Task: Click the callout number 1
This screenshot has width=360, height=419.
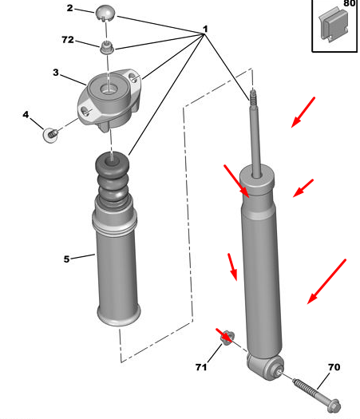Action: [205, 29]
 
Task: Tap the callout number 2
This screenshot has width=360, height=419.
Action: [69, 8]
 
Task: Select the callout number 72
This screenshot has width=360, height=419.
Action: [68, 40]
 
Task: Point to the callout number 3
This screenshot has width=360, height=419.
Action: [56, 73]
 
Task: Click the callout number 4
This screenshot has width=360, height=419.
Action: [26, 115]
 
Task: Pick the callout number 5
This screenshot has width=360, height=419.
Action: [66, 259]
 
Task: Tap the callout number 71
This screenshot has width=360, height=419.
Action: [201, 367]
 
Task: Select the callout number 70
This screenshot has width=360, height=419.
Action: [334, 367]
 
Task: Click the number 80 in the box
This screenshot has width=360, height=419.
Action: [349, 3]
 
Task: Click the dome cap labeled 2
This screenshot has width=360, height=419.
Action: [105, 13]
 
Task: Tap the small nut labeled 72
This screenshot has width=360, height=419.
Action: [107, 48]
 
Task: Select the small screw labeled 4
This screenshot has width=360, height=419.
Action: [50, 135]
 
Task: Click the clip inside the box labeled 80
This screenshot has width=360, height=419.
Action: [334, 25]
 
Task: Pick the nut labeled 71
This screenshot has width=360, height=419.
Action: [227, 338]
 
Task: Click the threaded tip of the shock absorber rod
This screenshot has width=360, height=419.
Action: [253, 97]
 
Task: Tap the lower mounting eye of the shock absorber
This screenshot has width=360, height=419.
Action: [266, 366]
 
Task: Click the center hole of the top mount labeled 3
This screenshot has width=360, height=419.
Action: [109, 89]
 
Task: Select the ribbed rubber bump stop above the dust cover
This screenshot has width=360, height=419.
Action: [113, 180]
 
